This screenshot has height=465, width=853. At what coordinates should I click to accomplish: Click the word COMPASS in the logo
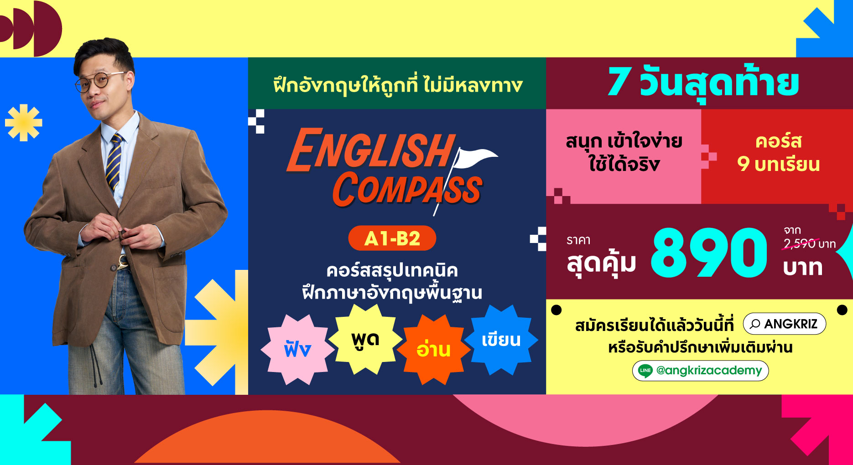(x=407, y=189)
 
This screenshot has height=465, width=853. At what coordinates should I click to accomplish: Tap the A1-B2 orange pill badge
(x=392, y=238)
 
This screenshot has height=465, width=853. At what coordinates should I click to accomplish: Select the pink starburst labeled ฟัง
(x=297, y=349)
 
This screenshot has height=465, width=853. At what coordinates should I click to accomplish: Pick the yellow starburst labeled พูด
(x=365, y=339)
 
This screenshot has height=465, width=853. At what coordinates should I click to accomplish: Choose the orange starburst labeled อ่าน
(x=433, y=349)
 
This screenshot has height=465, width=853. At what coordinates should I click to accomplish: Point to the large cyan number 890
(x=709, y=253)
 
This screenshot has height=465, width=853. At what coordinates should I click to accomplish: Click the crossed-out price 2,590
(x=799, y=244)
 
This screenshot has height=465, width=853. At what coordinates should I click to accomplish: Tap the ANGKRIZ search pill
(x=785, y=324)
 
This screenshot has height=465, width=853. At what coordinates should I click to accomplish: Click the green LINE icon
(x=645, y=371)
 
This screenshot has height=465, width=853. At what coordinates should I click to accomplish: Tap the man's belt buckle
(x=122, y=262)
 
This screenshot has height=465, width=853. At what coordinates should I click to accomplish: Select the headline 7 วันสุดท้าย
(x=703, y=84)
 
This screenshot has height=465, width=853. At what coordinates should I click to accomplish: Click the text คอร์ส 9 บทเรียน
(x=779, y=153)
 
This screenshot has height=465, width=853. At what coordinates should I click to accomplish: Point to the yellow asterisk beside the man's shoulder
(x=24, y=123)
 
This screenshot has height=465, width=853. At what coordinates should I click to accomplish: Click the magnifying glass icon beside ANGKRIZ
(x=755, y=324)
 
